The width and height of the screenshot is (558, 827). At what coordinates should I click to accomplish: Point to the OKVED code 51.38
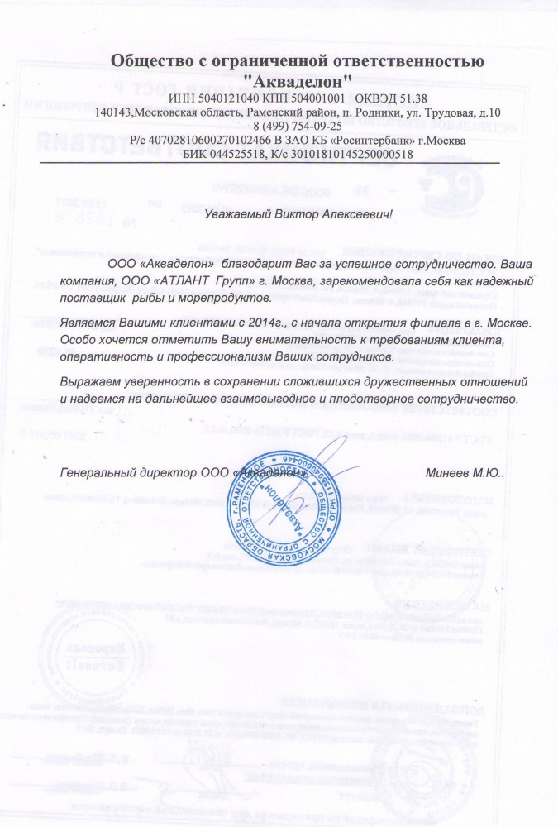point(408,98)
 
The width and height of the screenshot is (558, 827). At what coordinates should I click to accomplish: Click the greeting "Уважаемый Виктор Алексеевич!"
point(298,213)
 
